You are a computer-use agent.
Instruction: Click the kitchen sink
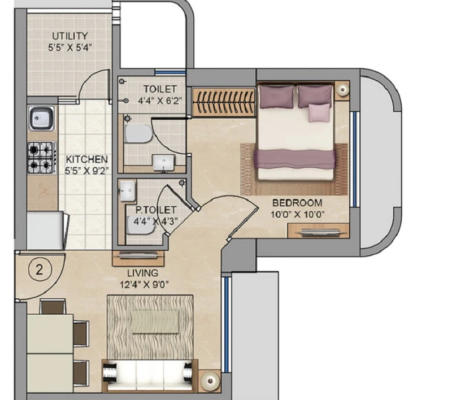(41, 118)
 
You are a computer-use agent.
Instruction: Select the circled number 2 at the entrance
(40, 270)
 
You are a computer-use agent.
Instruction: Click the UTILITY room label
(69, 36)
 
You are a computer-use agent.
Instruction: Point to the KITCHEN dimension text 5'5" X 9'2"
(86, 171)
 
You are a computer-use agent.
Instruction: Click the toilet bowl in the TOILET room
(138, 133)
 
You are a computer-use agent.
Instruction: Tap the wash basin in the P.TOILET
(127, 191)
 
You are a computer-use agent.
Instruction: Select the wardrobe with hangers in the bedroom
(224, 102)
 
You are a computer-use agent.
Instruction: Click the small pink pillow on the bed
(319, 112)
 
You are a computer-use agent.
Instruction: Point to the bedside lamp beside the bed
(342, 90)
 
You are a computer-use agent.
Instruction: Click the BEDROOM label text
(297, 203)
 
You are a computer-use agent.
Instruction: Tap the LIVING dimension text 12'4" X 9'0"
(144, 285)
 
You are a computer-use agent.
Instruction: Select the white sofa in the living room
(150, 376)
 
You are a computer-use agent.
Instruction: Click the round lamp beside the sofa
(210, 381)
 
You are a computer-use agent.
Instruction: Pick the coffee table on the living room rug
(155, 321)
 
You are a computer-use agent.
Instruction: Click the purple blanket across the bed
(294, 159)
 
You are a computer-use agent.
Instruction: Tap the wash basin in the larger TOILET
(164, 163)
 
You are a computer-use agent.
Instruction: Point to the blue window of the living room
(227, 324)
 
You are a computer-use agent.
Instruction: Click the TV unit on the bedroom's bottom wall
(319, 231)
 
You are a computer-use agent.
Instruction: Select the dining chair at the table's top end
(53, 306)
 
